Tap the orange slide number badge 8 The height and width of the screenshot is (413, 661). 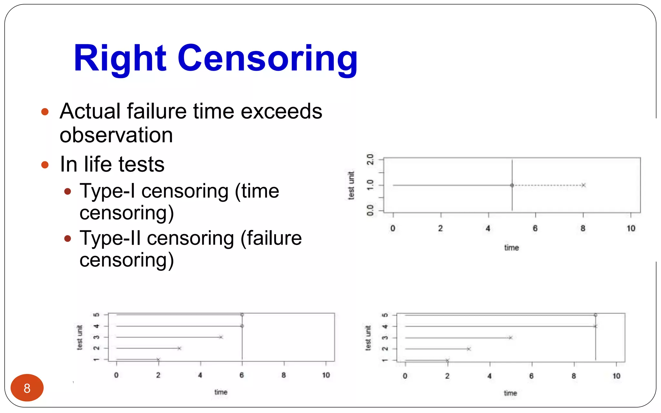tap(27, 388)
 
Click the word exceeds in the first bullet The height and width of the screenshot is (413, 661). tap(281, 111)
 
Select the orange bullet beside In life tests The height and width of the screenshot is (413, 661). tap(45, 165)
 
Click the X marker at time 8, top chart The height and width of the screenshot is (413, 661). tap(584, 185)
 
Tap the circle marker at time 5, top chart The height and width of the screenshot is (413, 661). tap(512, 185)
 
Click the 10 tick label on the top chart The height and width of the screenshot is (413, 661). tap(631, 228)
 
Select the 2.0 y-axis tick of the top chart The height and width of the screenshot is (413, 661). tap(371, 159)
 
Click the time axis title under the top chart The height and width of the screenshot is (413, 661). tap(512, 248)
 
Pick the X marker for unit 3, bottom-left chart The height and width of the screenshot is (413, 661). tap(221, 337)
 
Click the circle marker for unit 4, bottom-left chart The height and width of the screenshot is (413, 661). tap(242, 326)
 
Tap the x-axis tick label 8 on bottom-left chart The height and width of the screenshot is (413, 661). tap(284, 375)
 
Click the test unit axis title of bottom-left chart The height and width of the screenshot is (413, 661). tap(80, 337)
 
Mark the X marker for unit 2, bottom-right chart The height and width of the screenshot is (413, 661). tap(469, 349)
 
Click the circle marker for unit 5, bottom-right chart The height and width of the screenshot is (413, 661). tap(595, 315)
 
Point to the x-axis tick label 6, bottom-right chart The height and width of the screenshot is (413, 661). tap(532, 376)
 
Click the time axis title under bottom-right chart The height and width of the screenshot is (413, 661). tap(511, 393)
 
